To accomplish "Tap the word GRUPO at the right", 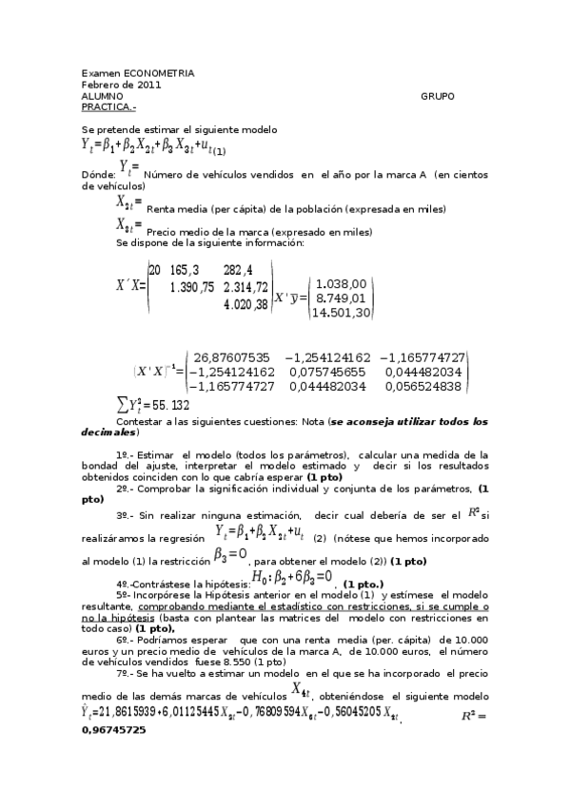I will [437, 96].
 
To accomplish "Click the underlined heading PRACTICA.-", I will [108, 107].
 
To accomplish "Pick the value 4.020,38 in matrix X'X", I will [245, 304].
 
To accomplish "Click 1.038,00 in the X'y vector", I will [341, 283].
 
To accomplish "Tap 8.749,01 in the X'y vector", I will [341, 297].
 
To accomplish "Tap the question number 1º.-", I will [128, 456].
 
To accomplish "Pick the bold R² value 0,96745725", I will [113, 731].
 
